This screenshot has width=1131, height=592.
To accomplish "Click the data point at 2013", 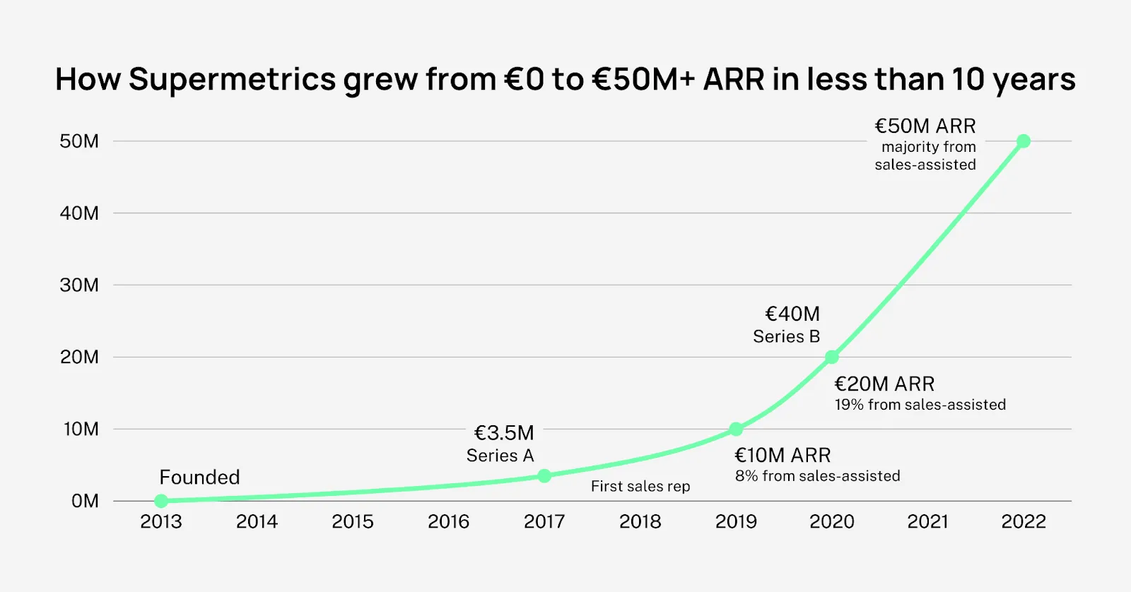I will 161,501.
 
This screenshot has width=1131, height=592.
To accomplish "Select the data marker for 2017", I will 544,476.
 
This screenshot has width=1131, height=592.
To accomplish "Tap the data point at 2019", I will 736,429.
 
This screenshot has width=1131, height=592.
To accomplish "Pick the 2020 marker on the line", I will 832,357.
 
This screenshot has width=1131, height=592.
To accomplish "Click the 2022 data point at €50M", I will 1023,141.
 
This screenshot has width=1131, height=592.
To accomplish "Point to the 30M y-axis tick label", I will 79,285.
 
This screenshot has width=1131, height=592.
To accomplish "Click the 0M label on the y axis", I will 85,501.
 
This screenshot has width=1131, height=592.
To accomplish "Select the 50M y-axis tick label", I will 79,141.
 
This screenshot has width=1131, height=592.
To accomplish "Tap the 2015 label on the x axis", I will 353,522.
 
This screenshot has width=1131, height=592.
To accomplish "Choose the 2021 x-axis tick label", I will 927,522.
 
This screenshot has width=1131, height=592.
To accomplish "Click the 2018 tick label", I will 640,522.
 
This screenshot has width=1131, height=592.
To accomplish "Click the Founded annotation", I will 199,478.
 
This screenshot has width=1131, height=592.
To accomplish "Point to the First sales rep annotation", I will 640,486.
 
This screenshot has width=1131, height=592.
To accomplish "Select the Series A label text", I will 500,456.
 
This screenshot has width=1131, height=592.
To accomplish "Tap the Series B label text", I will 786,337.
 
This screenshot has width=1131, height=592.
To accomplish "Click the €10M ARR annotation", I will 783,455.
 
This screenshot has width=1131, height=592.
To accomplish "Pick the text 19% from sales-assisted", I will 920,405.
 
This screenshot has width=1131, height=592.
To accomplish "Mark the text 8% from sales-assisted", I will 817,476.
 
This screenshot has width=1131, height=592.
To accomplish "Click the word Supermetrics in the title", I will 232,80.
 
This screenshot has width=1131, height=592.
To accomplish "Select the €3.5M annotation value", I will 504,432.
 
